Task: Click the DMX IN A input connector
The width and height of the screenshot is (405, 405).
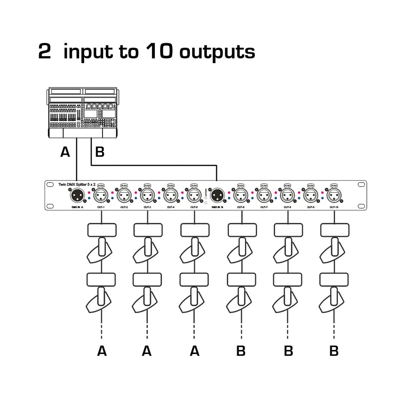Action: click(77, 195)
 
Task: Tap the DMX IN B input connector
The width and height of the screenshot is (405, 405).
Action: click(217, 195)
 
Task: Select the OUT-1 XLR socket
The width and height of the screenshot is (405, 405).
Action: click(101, 195)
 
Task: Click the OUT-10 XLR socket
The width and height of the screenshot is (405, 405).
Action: click(334, 195)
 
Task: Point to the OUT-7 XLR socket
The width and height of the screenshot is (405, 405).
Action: click(264, 195)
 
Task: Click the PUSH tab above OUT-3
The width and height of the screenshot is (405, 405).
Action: click(147, 186)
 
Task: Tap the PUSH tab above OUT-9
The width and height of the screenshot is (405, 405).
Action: click(310, 186)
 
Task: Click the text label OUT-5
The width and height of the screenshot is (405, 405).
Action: click(194, 207)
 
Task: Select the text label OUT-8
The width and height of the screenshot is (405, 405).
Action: click(287, 207)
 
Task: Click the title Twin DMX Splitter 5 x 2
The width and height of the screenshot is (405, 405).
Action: click(77, 185)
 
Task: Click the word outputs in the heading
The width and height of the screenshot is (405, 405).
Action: click(217, 52)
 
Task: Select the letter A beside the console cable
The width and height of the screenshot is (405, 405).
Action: click(65, 152)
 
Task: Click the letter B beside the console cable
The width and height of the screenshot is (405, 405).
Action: click(100, 152)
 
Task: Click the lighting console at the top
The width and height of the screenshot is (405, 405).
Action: click(83, 112)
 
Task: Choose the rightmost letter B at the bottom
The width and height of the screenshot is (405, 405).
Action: click(334, 351)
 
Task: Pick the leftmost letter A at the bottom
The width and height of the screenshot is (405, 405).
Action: click(102, 351)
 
